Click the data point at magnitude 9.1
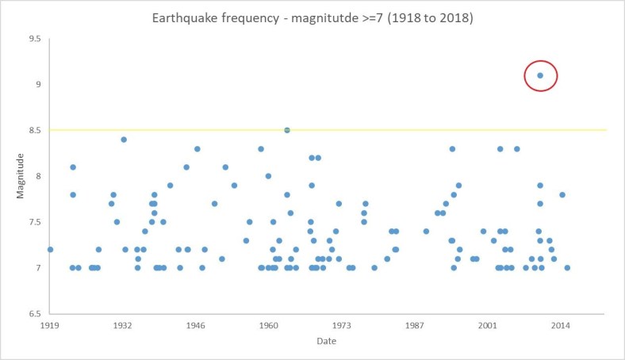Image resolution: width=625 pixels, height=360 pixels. [540, 75]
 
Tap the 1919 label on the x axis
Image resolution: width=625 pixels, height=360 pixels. [49, 326]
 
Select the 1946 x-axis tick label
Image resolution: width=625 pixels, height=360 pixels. [196, 326]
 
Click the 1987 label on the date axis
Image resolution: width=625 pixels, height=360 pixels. [415, 326]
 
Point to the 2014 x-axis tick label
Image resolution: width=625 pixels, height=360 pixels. [561, 326]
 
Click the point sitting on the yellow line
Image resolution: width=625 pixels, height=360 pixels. [287, 130]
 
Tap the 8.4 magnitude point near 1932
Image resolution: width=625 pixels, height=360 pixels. [124, 140]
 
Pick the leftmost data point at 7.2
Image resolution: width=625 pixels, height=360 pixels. [50, 249]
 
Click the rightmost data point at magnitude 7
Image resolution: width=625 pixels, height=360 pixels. [567, 268]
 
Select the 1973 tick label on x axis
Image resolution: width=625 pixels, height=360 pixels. [342, 326]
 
